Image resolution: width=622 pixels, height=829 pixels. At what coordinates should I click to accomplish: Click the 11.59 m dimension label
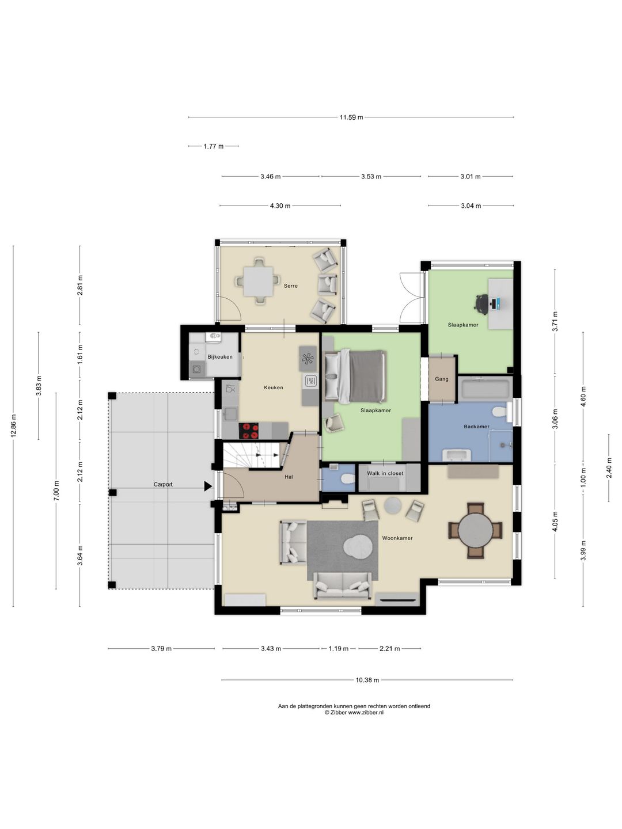coord(351,117)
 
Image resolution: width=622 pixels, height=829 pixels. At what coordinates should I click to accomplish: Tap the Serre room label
coord(290,286)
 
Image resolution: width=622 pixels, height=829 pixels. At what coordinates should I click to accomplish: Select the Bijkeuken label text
coord(220,356)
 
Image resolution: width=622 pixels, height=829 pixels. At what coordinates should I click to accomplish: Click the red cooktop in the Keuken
coord(249,431)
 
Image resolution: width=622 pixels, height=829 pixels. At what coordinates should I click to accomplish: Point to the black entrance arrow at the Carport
coord(208,486)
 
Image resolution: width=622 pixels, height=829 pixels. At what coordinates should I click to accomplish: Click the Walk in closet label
coord(385,473)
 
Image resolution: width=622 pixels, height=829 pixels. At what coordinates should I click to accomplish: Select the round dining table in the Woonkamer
coord(476,530)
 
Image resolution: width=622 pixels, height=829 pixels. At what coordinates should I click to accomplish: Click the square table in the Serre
coord(258,282)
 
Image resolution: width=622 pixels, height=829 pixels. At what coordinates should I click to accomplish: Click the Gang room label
coord(442,379)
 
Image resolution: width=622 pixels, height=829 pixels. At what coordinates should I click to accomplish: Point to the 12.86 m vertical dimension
coord(14,426)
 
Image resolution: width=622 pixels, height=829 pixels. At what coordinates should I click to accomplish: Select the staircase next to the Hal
coord(252,456)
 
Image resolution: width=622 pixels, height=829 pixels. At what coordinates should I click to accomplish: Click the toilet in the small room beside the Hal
coord(347,479)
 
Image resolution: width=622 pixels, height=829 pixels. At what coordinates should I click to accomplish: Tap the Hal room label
coord(289,477)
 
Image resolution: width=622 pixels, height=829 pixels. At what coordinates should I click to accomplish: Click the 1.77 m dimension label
coord(213,147)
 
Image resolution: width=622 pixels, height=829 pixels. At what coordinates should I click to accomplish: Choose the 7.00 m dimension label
coord(56,491)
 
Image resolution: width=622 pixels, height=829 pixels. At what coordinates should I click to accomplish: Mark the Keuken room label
coord(274,387)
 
